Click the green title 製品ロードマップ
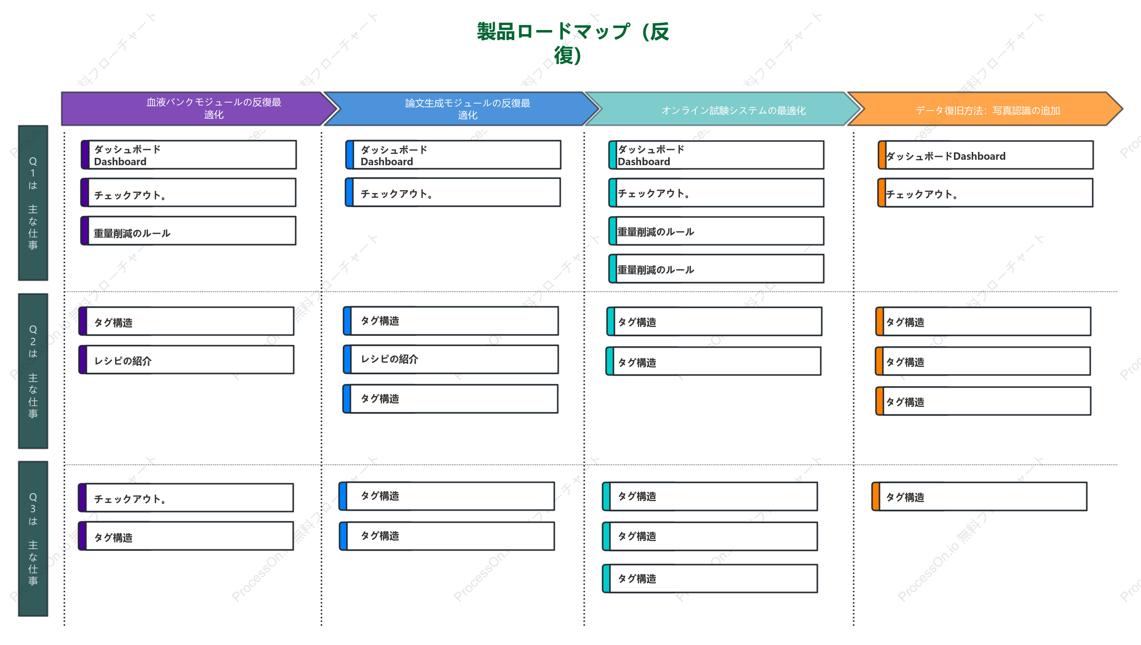[x=572, y=43]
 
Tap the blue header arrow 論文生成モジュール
[x=461, y=108]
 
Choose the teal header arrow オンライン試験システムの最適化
[x=723, y=108]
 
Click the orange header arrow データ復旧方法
[x=985, y=108]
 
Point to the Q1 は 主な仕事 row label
[x=33, y=203]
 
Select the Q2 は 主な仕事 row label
[x=33, y=371]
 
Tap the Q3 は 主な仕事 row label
[x=33, y=538]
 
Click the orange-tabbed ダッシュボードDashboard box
[x=986, y=155]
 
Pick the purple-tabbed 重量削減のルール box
[x=189, y=231]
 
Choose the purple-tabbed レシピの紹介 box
[x=187, y=359]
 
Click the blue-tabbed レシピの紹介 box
[x=451, y=359]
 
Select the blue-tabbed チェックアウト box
[x=453, y=192]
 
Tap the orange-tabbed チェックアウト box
[x=985, y=193]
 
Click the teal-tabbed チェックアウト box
[x=717, y=193]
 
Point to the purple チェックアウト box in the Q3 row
[x=186, y=498]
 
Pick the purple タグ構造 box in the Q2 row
[x=187, y=322]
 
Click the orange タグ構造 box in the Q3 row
[x=980, y=497]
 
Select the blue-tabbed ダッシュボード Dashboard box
[x=454, y=155]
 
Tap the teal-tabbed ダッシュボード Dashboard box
[x=717, y=155]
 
